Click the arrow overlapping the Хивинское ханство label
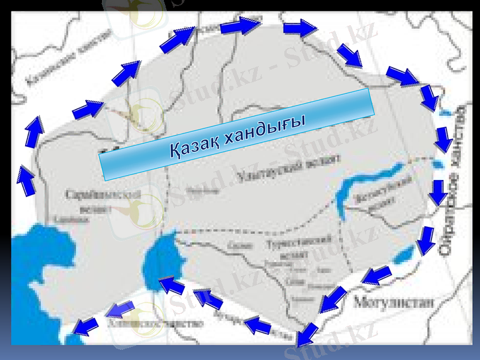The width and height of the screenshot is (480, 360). (120, 310)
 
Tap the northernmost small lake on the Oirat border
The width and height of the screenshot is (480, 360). (445, 112)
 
